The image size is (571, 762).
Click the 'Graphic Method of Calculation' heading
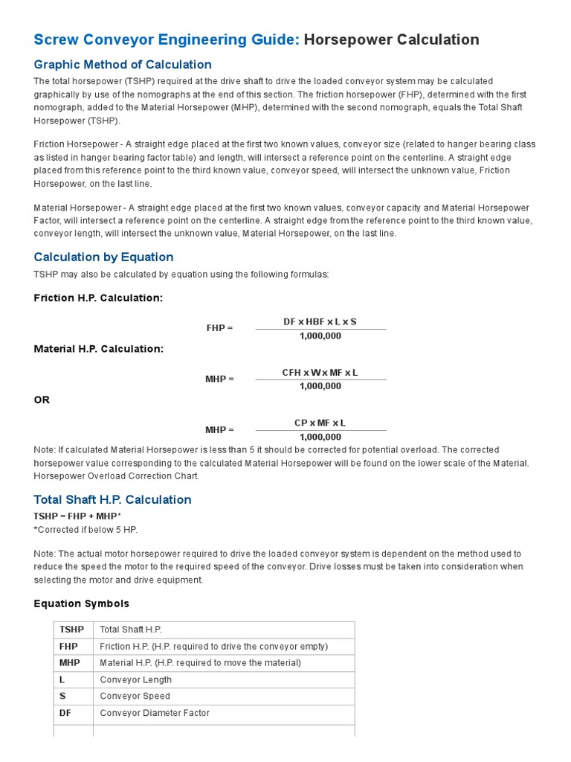point(123,65)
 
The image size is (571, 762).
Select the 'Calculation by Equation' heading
point(103,257)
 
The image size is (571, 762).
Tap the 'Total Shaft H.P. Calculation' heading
point(112,499)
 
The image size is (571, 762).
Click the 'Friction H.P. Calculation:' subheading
point(98,298)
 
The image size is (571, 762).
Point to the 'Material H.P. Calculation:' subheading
point(99,348)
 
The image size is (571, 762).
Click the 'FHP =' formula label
point(219,328)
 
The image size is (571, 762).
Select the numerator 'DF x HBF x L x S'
point(320,321)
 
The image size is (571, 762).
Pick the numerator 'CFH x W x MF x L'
point(320,372)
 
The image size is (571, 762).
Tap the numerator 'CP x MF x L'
point(320,423)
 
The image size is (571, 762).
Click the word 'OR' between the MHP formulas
point(42,400)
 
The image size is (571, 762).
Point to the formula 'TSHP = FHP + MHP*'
point(77,516)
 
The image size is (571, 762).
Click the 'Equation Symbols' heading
point(81,603)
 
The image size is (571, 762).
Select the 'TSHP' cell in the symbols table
point(71,630)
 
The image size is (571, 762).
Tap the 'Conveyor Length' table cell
point(135,679)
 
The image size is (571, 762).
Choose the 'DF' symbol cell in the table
point(65,713)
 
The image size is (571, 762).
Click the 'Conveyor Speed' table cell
point(135,697)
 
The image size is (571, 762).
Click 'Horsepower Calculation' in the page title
point(392,40)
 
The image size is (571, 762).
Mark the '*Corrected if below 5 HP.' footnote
point(86,529)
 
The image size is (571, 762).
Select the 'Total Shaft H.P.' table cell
point(131,630)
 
